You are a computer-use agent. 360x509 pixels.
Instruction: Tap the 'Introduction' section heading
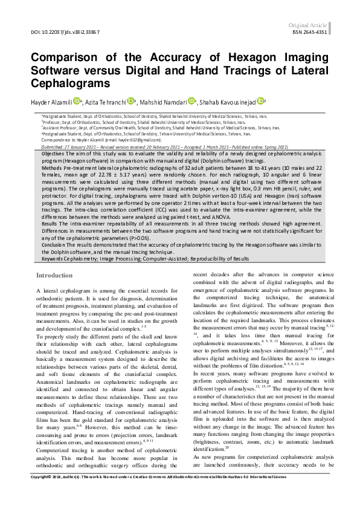coord(55,276)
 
